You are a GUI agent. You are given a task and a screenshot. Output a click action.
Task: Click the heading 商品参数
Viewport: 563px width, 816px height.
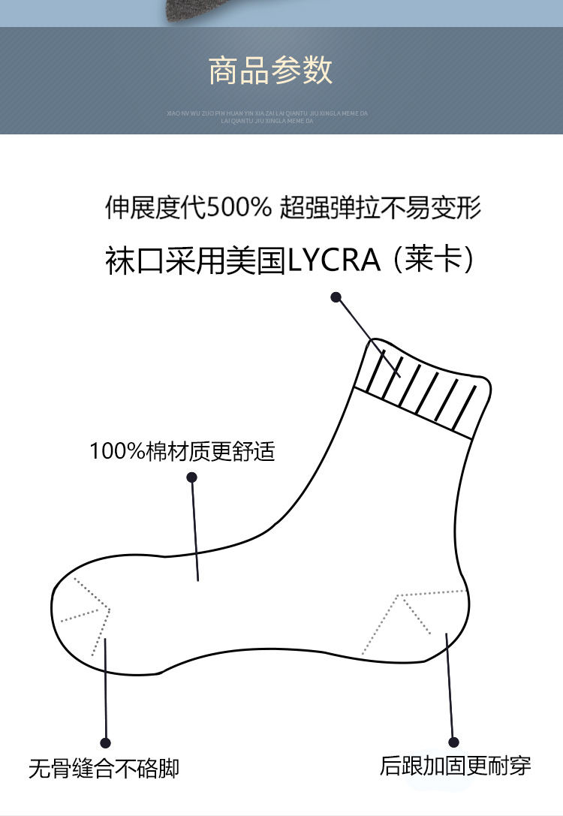coord(271,71)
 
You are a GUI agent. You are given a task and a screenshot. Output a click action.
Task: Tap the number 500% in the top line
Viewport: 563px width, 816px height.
coord(238,208)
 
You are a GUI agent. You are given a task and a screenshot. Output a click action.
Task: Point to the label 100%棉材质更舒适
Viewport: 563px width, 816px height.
coord(182,452)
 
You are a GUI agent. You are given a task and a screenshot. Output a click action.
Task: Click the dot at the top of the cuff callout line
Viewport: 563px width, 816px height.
coord(336,297)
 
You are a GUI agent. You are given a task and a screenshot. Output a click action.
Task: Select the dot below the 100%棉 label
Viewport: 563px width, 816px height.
coord(191,477)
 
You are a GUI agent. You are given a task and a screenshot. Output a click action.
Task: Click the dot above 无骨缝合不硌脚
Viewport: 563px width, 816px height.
coord(105,743)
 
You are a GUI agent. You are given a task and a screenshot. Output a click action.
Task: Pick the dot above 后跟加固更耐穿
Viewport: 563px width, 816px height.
coord(453,741)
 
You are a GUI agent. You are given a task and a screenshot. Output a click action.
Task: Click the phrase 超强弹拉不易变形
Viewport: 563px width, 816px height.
coord(381,208)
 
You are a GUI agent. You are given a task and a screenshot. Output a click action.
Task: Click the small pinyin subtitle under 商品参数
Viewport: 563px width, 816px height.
coord(267,116)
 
